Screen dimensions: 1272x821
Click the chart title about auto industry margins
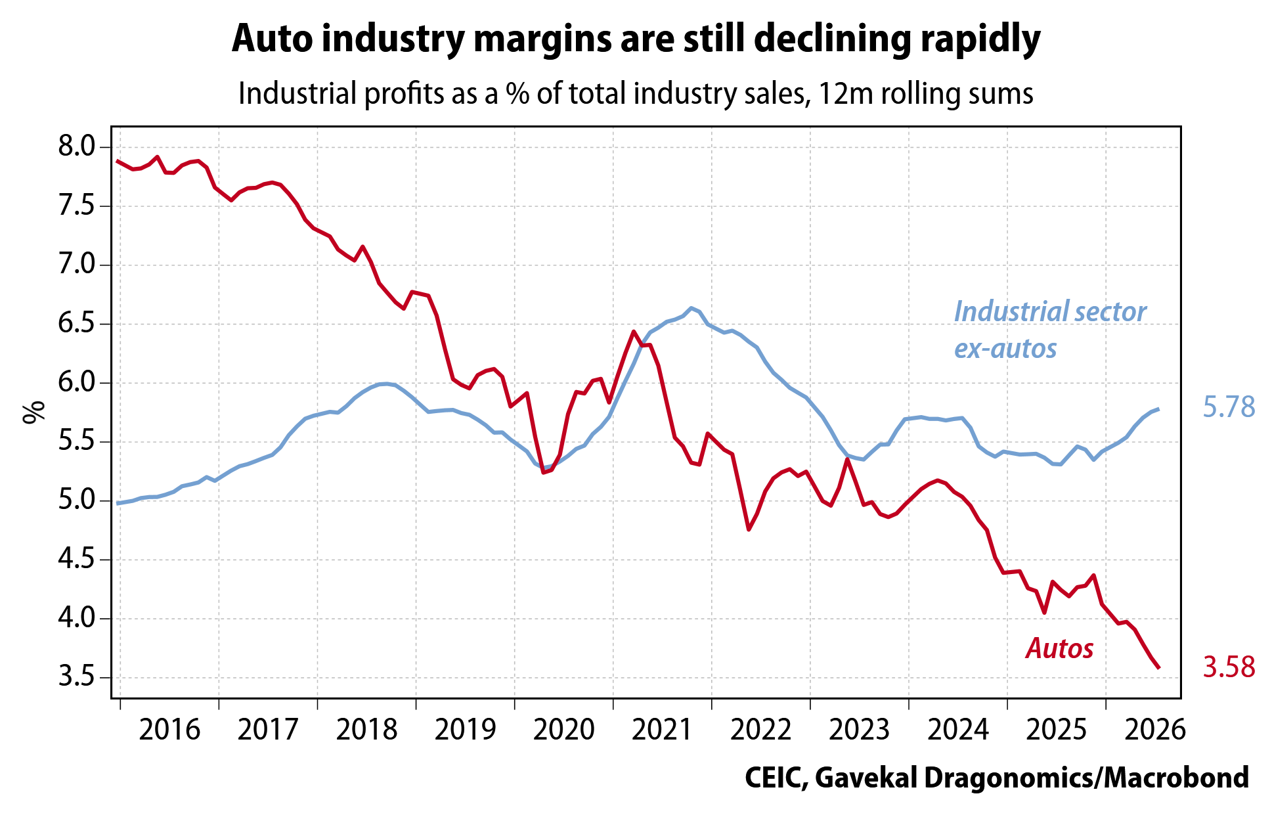(x=636, y=39)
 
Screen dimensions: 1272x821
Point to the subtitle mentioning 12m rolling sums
(x=636, y=94)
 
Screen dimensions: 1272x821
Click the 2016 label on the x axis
(x=169, y=730)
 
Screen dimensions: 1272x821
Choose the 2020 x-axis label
(x=564, y=730)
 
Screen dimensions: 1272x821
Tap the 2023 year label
(x=860, y=730)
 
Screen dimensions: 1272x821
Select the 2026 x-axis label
(x=1155, y=730)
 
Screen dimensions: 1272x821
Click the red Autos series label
(x=1059, y=649)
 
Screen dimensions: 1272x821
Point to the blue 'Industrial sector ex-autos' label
(x=1050, y=330)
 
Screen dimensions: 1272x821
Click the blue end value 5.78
(x=1229, y=407)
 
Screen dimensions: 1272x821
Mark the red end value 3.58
(x=1229, y=667)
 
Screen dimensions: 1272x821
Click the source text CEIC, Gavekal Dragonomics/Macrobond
(x=997, y=778)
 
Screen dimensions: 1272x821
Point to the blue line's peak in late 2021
(x=691, y=307)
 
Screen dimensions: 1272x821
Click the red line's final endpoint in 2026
(x=1158, y=668)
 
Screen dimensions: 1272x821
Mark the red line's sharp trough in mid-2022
(x=749, y=529)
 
